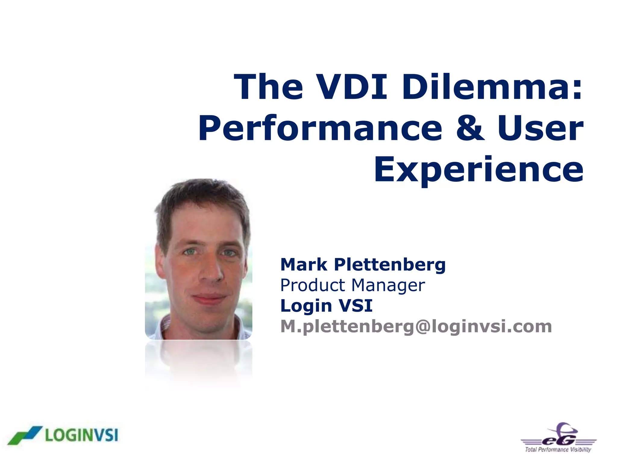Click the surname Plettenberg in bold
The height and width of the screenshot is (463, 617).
tap(390, 265)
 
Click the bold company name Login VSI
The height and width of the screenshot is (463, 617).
tap(326, 306)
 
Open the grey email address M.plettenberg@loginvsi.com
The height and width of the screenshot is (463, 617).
tap(416, 326)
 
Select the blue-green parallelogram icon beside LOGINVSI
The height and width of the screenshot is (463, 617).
tap(24, 435)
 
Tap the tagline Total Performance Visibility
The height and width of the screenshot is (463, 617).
tap(558, 450)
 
